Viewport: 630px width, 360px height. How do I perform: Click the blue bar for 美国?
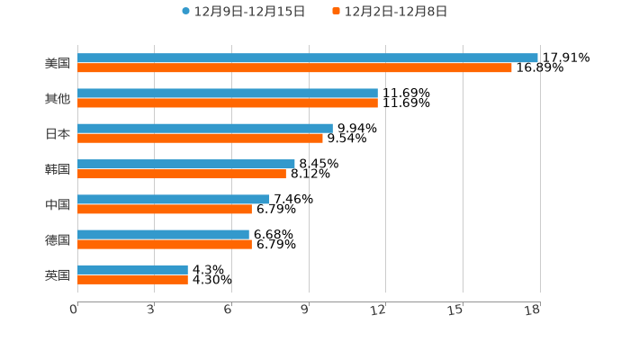click(308, 58)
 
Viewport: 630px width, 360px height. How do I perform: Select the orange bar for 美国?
click(294, 67)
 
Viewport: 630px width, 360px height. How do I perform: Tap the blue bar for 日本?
click(205, 128)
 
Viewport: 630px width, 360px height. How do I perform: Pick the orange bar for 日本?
click(200, 138)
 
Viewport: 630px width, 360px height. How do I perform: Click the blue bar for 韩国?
click(186, 164)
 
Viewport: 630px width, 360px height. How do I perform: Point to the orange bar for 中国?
click(165, 209)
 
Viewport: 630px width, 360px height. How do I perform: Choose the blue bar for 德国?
click(163, 234)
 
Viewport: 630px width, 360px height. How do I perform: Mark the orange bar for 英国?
click(132, 279)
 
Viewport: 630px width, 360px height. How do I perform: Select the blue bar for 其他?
click(228, 93)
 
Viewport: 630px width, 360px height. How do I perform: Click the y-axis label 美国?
click(58, 63)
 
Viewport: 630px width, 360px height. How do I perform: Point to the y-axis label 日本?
click(58, 133)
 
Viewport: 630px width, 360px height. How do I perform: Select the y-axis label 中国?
click(58, 204)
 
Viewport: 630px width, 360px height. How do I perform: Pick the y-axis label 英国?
click(58, 274)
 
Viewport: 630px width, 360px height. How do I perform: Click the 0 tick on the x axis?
click(74, 310)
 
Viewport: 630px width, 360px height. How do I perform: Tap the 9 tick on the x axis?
click(305, 310)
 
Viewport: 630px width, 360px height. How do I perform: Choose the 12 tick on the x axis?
click(379, 310)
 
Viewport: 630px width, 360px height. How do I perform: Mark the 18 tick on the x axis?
click(533, 310)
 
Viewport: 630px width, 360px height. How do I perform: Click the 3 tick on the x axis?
click(151, 310)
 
